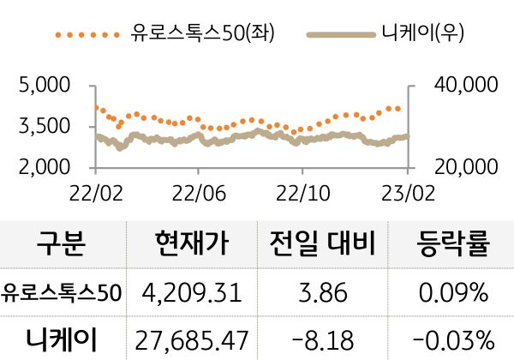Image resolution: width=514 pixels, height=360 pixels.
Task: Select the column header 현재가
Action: point(193,246)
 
